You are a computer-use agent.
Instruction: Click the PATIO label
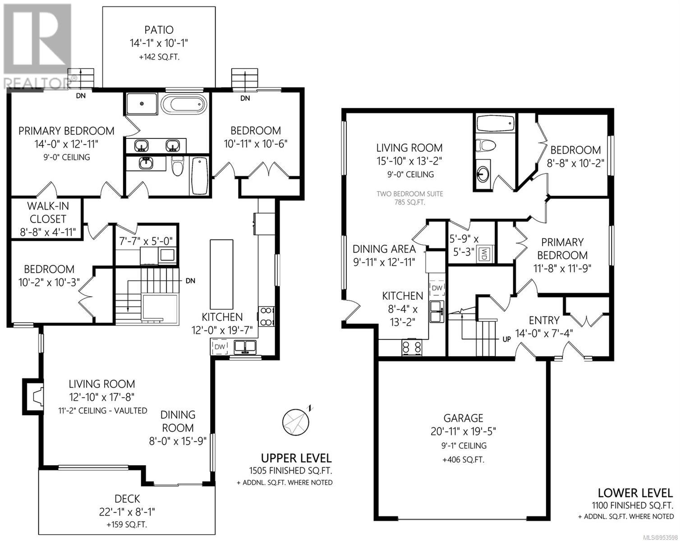(159, 30)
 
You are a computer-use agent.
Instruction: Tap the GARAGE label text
(463, 418)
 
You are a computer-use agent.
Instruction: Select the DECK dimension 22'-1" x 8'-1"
(127, 512)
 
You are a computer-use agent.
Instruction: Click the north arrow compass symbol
(297, 421)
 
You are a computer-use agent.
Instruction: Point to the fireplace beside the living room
(33, 396)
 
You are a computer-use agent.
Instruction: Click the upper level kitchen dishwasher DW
(220, 347)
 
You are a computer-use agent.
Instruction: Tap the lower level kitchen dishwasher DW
(437, 288)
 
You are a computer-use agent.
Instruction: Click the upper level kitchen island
(222, 274)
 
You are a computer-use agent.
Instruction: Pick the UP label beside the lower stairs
(506, 339)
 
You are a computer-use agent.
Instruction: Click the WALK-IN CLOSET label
(48, 212)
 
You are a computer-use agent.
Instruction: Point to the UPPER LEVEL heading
(296, 458)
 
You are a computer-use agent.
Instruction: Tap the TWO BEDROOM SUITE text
(409, 194)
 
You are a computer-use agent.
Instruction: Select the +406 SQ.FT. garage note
(463, 460)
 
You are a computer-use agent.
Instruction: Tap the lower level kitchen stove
(412, 348)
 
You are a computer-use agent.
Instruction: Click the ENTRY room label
(544, 321)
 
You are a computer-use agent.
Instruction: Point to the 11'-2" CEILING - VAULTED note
(103, 411)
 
